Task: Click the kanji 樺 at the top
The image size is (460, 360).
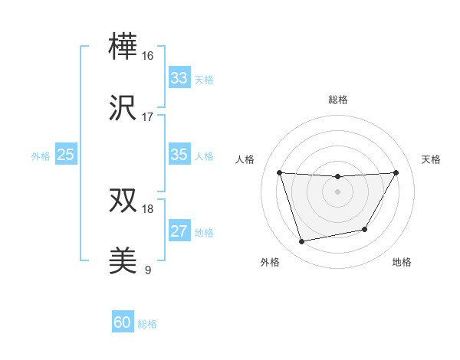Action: click(123, 47)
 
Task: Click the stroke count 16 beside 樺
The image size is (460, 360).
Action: click(148, 56)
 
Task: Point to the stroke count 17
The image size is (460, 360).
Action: click(148, 117)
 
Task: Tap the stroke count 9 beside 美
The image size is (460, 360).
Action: click(148, 270)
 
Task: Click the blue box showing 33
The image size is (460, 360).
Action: click(179, 78)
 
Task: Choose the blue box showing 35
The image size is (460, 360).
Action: click(179, 155)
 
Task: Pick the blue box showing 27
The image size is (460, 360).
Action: click(179, 231)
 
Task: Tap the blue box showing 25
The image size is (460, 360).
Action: click(66, 155)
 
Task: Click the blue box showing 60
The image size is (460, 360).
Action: click(123, 322)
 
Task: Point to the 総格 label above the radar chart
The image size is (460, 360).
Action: click(337, 100)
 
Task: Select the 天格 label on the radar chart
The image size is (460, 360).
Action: click(432, 159)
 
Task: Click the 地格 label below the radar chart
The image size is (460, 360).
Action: click(402, 262)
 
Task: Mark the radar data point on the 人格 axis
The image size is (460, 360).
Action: click(279, 172)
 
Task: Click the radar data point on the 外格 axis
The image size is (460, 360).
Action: click(301, 241)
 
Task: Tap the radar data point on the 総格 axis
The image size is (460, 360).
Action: click(337, 177)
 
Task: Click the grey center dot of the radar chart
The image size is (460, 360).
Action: click(337, 191)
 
